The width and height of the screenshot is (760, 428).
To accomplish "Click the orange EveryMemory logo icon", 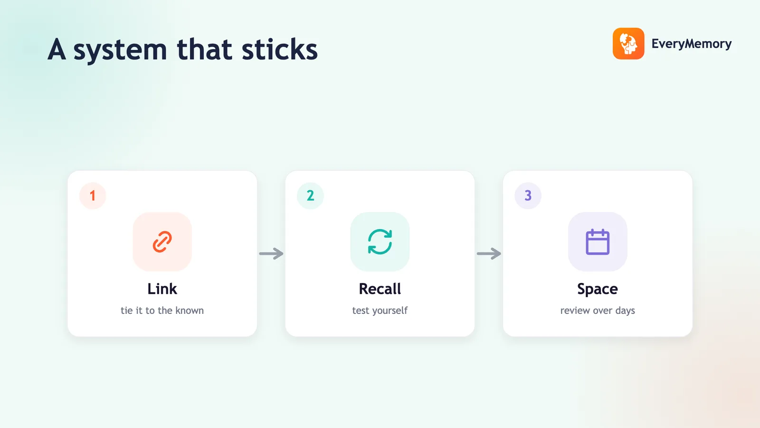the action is coord(628,43).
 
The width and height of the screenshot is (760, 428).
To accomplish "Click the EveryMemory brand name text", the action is coord(692,44).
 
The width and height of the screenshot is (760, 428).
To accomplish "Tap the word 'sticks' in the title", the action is coord(280,49).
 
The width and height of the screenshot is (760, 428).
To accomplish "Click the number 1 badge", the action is coord(93,195).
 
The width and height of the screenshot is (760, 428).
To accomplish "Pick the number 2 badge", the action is coord(311,195).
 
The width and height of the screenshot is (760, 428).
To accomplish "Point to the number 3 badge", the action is coord(528,195).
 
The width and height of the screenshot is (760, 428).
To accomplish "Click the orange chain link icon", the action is coord(162,242).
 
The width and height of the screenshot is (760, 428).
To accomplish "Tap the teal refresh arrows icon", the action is coord(380,242).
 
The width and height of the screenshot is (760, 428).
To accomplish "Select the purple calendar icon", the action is coord(598,242).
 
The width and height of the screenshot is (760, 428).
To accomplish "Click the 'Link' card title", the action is coord(162,289).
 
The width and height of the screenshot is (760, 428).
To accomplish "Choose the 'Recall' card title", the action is coord(380,289).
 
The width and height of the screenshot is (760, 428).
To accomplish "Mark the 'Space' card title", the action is coord(598,290).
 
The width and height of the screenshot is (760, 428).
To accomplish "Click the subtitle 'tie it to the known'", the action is coord(162,311).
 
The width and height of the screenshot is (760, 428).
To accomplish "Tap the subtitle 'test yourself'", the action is coord(380,311).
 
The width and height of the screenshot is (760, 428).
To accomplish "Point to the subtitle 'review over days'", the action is coord(598,311).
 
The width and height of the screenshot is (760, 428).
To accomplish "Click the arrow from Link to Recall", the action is coord(271,253).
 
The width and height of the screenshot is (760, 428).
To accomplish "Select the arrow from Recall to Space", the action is coord(489,253).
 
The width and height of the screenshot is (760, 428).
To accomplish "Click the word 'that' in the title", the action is coord(204,49).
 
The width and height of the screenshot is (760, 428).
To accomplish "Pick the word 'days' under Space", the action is coord(625,311).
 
